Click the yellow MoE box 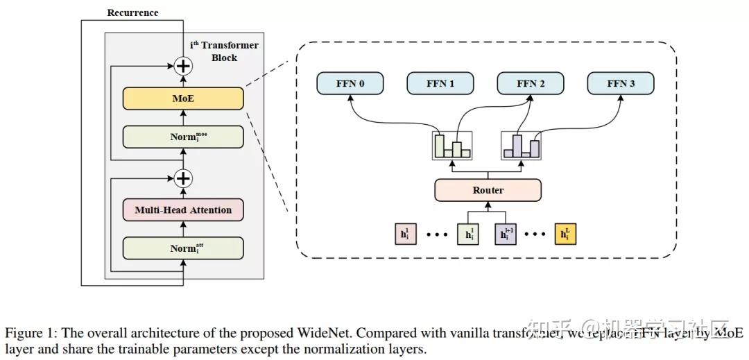coord(183,98)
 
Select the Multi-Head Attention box coord(183,209)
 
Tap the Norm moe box coord(183,137)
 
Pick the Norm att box coord(183,248)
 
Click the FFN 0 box coord(350,84)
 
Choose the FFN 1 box coord(440,84)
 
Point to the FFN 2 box coord(531,84)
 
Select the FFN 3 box coord(621,84)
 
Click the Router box coord(488,190)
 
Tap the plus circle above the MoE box coord(183,67)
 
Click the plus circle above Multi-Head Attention coord(183,178)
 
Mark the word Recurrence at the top coord(132,12)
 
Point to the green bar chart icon coord(452,146)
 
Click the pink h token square coord(405,234)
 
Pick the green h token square coord(470,234)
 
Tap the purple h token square coord(506,234)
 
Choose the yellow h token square coord(565,234)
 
